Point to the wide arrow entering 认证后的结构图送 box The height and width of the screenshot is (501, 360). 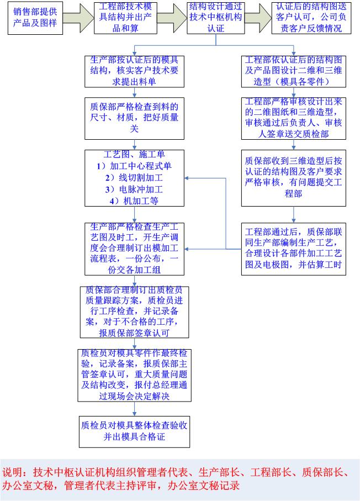point(258,18)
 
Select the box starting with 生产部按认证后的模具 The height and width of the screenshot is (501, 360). point(134,71)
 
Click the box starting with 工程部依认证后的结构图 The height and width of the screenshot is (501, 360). point(293,71)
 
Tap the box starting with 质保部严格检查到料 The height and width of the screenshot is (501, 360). point(134,119)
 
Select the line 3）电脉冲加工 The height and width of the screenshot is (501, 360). point(134,189)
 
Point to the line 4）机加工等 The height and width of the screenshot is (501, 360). point(134,201)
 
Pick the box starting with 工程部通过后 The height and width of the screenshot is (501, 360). point(293,248)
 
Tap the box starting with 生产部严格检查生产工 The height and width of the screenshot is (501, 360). point(134,248)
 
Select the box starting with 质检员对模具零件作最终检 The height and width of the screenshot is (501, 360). point(134,375)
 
